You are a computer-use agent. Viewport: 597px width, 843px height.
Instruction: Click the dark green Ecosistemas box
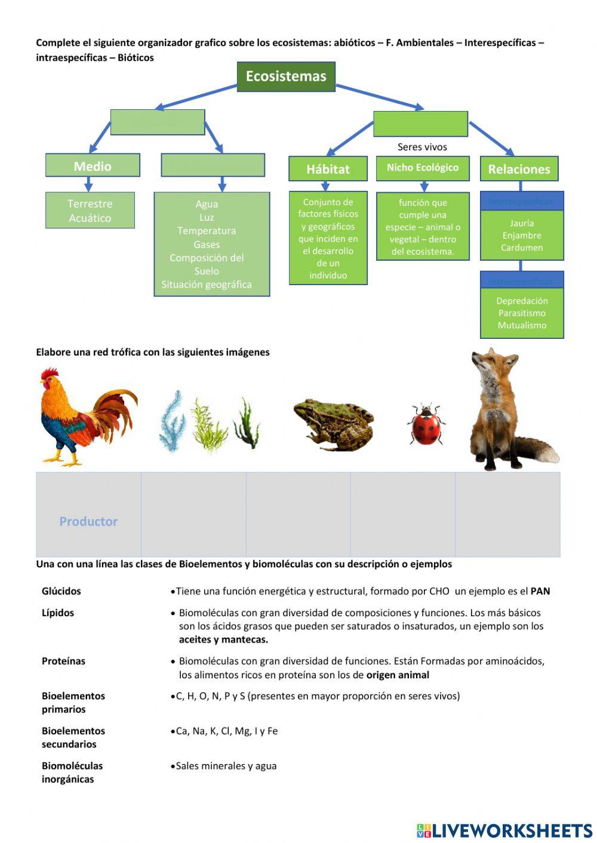tap(286, 76)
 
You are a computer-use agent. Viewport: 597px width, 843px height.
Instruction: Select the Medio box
tap(93, 166)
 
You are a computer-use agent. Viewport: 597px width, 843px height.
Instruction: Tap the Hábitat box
tap(328, 169)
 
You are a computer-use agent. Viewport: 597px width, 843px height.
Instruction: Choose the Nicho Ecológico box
tap(423, 168)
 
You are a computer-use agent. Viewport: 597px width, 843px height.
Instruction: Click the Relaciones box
tap(519, 169)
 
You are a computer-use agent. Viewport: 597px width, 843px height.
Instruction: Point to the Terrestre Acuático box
tap(90, 211)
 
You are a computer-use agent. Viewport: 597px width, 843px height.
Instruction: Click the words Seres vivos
tap(422, 147)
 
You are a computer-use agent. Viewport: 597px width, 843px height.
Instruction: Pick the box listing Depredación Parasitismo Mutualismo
tap(522, 313)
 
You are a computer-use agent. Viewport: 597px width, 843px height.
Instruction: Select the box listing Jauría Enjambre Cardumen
tap(522, 235)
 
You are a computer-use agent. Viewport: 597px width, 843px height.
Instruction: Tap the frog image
tap(333, 422)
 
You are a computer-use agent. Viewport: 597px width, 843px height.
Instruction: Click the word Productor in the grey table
tap(88, 521)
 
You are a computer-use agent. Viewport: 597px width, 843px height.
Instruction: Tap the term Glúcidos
tap(61, 591)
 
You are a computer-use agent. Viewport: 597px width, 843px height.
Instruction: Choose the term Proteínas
tap(63, 661)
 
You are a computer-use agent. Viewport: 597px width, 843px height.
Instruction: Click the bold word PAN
tap(540, 591)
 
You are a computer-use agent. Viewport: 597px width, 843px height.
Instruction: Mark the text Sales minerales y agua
tap(226, 766)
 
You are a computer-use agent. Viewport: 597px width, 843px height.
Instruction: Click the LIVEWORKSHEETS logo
tap(504, 830)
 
